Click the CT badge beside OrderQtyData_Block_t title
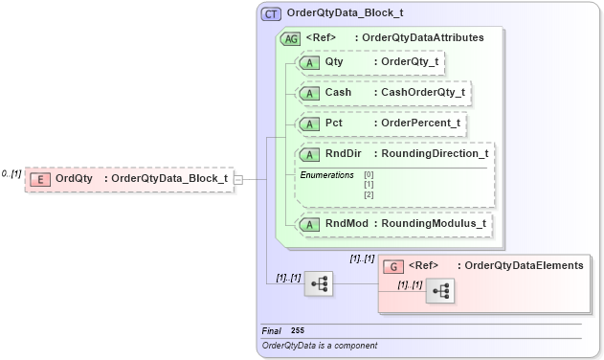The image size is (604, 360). [272, 14]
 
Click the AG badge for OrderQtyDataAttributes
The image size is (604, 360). [289, 38]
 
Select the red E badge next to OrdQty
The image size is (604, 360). [40, 178]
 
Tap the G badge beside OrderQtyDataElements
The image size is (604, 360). [391, 266]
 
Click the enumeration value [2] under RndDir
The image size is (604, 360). [369, 194]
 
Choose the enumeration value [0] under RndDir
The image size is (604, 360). [369, 175]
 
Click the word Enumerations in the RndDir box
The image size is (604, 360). [326, 175]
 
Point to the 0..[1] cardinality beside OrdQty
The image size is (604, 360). [11, 174]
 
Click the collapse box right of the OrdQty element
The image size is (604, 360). [238, 178]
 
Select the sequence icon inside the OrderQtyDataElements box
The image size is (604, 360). [440, 292]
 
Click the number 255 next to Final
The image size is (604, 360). [298, 330]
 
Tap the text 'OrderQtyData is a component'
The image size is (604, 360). [319, 345]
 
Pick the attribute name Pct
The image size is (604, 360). [334, 124]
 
